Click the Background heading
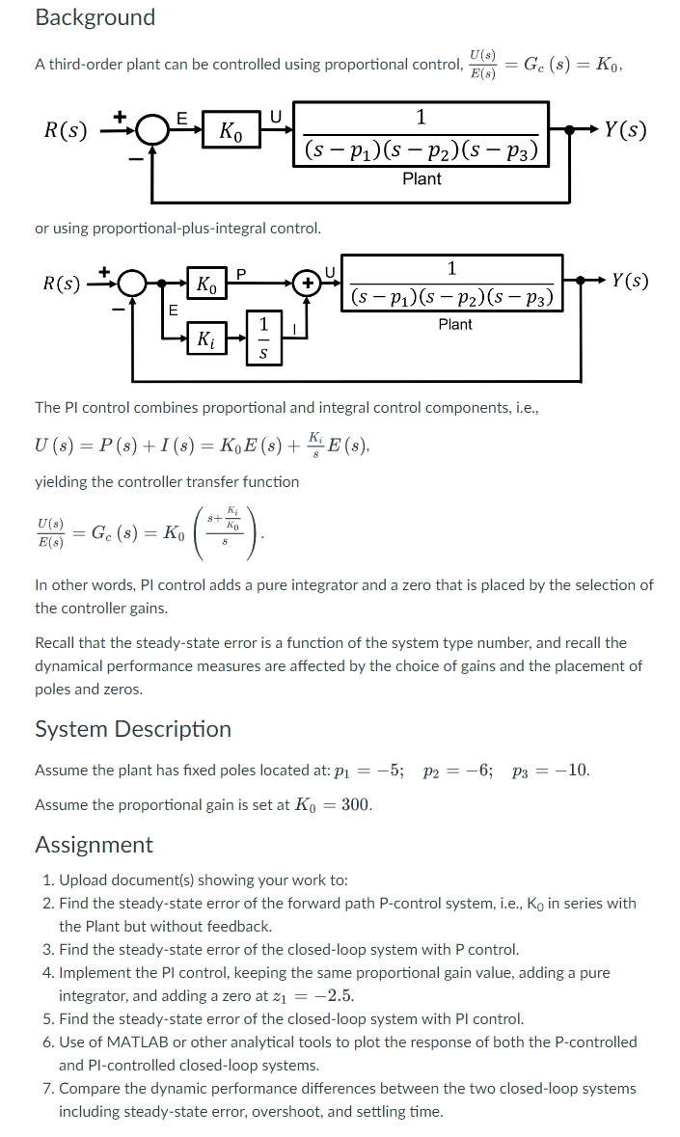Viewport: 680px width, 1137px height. tap(95, 17)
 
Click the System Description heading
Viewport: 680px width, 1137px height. tap(133, 729)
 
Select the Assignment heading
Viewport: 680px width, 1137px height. tap(94, 845)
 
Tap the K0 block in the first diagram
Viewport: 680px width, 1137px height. tap(231, 131)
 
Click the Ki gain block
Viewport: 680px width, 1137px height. tap(206, 338)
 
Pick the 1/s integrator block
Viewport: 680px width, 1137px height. tap(261, 338)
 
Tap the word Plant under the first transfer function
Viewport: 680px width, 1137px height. tap(422, 178)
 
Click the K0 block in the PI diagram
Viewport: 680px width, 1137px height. tap(206, 284)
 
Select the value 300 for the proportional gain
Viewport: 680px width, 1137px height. tap(357, 805)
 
